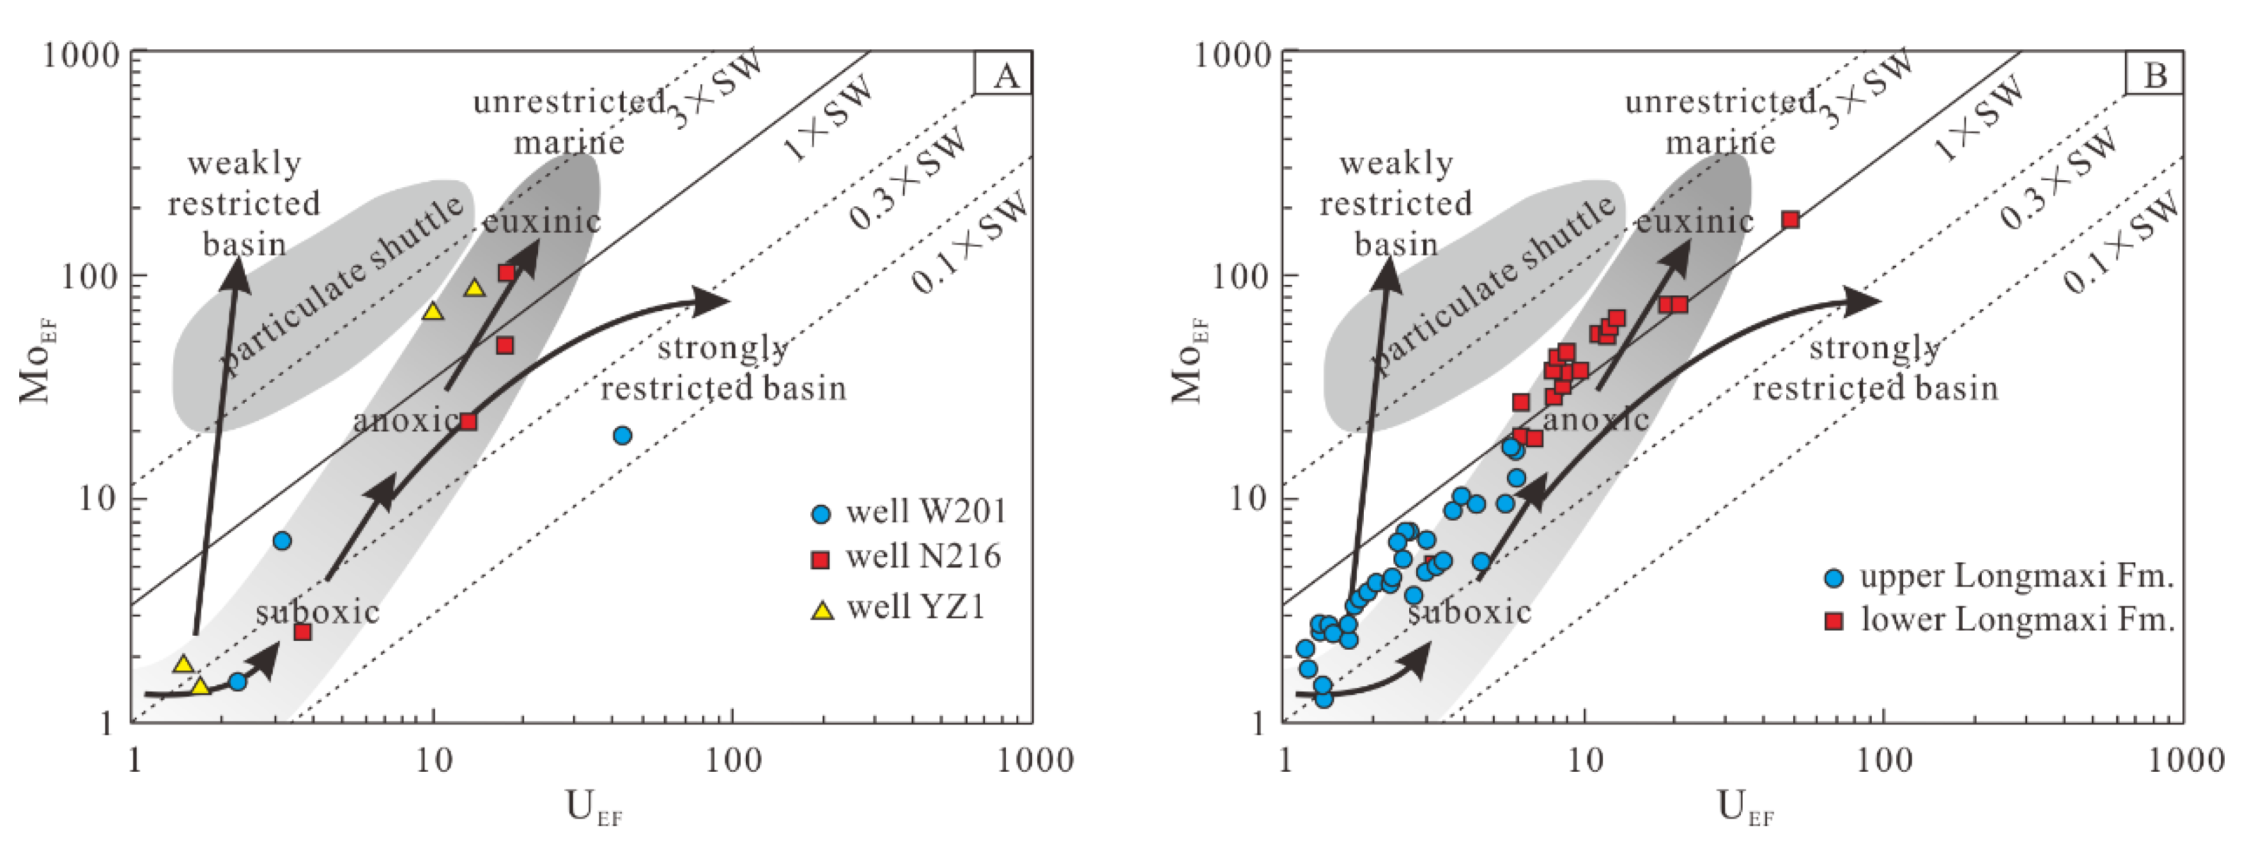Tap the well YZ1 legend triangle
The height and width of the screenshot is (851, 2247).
coord(822,609)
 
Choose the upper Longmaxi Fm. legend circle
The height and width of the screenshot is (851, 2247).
coord(1834,577)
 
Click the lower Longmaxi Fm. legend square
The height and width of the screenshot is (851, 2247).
coord(1834,621)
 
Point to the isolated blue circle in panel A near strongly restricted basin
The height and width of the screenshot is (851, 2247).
coord(622,435)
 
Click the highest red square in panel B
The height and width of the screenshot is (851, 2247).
coord(1791,220)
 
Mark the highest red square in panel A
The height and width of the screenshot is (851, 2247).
coord(507,273)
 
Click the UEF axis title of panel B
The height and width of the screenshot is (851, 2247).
coord(1745,808)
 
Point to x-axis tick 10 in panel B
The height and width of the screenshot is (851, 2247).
coord(1584,760)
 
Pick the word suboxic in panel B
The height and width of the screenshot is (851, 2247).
coord(1470,612)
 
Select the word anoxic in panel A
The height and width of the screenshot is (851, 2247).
coord(406,421)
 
